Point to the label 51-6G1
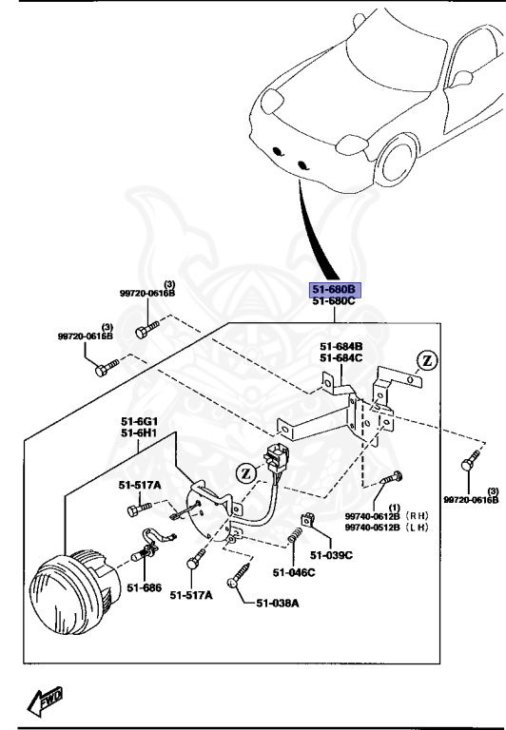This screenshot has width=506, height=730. pos(139,422)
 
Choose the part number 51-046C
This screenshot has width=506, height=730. pos(293,572)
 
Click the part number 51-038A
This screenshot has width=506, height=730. pos(278,603)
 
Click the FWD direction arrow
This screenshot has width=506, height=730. pos(45,701)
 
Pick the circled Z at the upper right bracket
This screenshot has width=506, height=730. pos(426,361)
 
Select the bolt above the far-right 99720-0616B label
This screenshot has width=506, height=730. pos(467,465)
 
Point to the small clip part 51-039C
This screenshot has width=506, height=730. pos(309,522)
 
